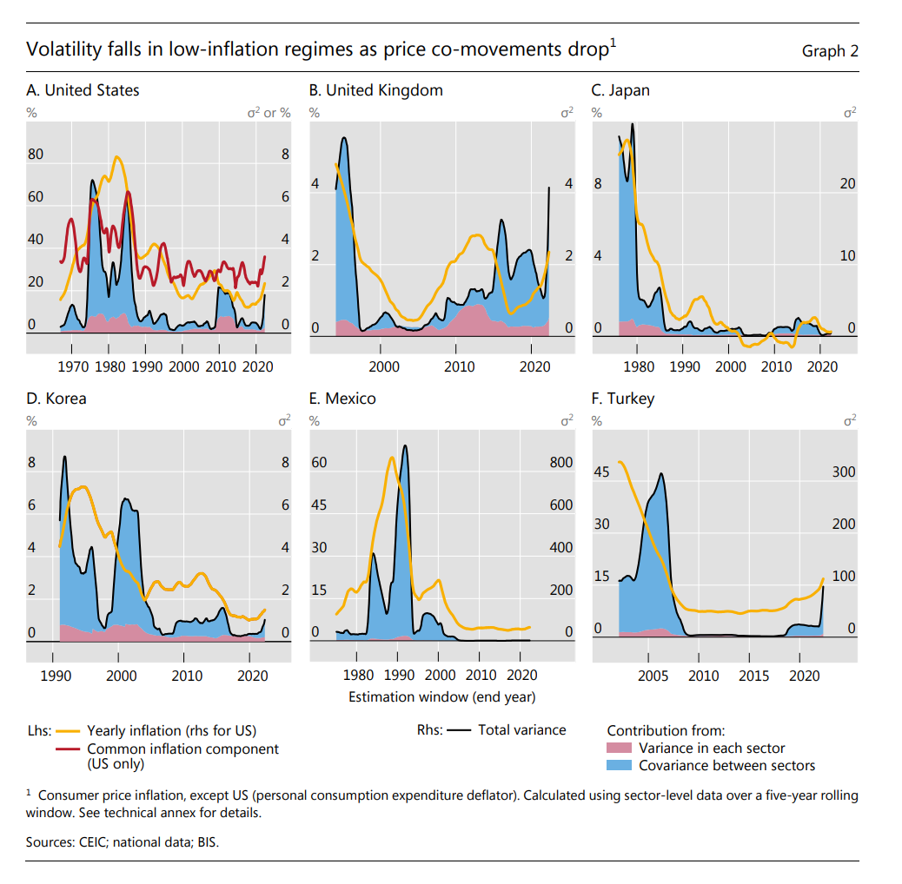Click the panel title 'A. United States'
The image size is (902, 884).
point(83,90)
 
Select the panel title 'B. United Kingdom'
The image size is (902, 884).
point(375,90)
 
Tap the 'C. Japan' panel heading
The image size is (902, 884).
point(620,90)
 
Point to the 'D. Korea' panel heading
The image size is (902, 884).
point(56,399)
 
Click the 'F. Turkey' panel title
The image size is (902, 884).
point(622,399)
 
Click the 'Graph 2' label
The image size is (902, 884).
point(830,50)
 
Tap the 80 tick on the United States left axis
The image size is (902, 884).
point(35,155)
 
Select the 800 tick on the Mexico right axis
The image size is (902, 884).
point(561,463)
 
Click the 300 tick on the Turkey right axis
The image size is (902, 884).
point(844,472)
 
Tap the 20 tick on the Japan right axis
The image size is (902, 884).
point(847,184)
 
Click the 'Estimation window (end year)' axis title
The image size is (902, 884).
point(441,696)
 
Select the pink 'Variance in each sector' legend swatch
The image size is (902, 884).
point(620,749)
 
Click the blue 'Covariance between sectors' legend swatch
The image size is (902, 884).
point(620,765)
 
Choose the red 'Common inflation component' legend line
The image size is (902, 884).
point(69,749)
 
